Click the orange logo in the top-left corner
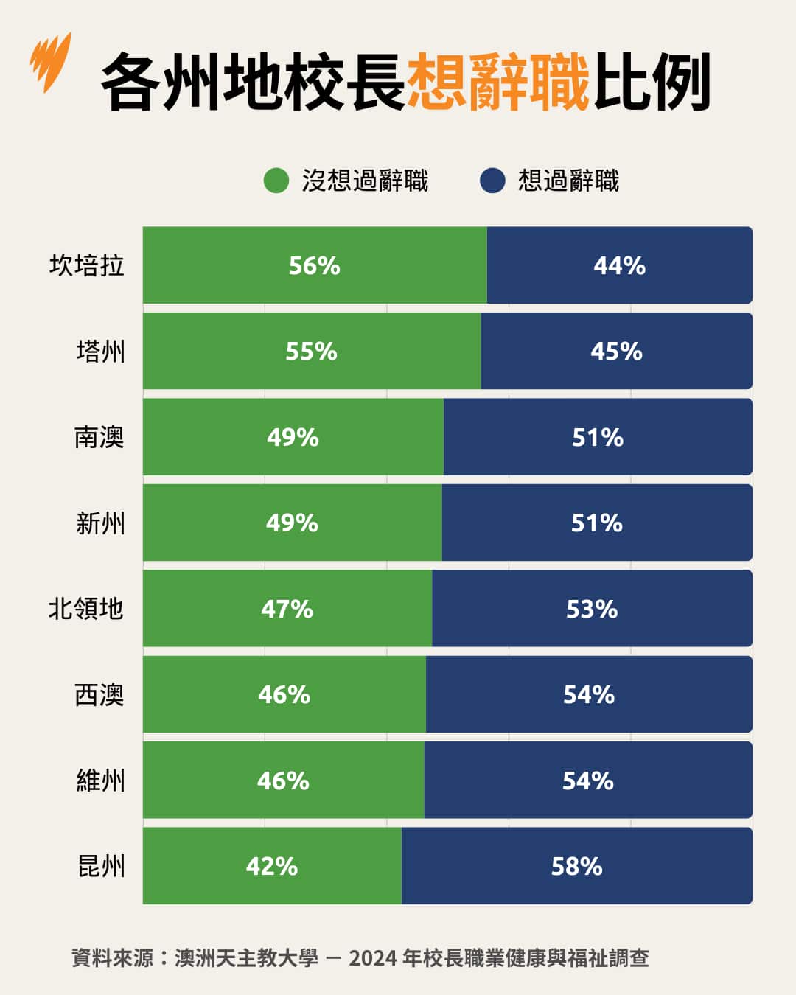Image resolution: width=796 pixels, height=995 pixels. (x=51, y=62)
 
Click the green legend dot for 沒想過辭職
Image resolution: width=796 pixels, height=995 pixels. (x=276, y=181)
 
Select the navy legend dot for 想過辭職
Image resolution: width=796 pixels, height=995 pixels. (x=492, y=181)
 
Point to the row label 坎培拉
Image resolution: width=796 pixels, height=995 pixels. (x=87, y=265)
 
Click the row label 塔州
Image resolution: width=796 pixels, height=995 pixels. (x=100, y=352)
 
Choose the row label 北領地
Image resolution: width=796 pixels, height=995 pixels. (x=86, y=609)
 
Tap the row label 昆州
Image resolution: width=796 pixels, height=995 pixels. (x=101, y=866)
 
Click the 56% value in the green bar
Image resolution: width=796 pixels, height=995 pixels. (x=314, y=265)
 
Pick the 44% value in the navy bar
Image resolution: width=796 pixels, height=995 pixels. (x=619, y=265)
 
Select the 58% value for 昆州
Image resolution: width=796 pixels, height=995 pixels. (x=576, y=866)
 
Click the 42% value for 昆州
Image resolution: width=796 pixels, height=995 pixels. (x=271, y=866)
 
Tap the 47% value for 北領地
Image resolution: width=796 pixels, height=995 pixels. (x=287, y=609)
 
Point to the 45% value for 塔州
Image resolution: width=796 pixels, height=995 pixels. (x=616, y=352)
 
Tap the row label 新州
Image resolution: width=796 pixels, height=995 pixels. (x=100, y=523)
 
